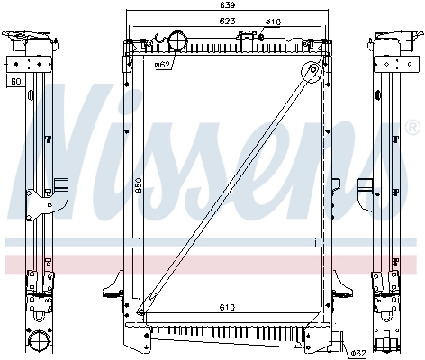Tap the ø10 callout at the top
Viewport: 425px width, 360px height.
[x=273, y=21]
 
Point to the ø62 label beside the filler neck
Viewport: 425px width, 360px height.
[x=163, y=65]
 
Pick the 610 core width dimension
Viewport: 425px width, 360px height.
[x=228, y=308]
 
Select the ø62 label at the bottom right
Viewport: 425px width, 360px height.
[x=357, y=352]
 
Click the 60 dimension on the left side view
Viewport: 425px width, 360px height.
[x=15, y=82]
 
